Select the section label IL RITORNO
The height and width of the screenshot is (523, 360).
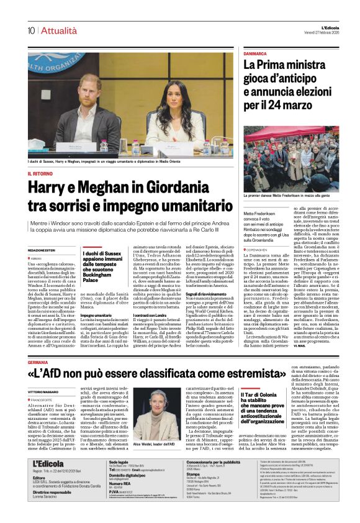(x=41, y=173)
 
